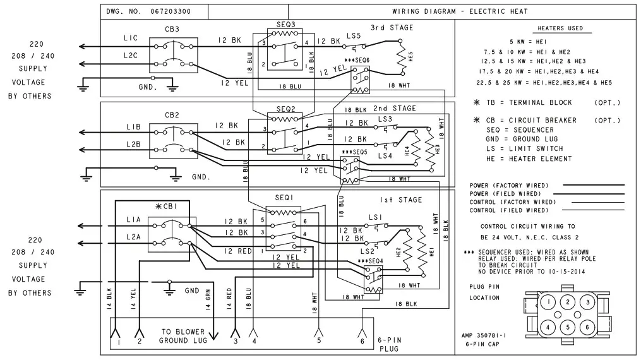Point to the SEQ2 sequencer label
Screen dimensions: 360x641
click(285, 109)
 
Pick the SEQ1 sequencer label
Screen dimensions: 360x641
click(284, 198)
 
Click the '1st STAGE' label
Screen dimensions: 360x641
click(392, 200)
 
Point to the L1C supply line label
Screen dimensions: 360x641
click(131, 39)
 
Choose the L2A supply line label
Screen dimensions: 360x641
click(133, 236)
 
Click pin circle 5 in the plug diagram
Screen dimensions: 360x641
click(569, 327)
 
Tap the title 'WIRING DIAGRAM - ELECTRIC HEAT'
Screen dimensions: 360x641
click(460, 11)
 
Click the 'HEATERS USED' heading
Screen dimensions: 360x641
click(560, 28)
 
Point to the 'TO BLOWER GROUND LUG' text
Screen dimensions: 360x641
click(183, 335)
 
